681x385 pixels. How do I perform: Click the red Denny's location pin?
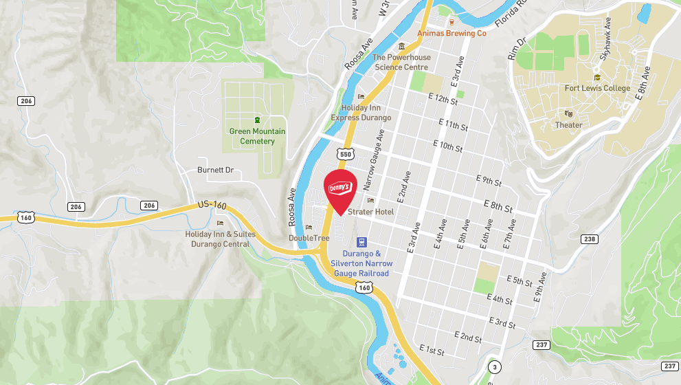tap(339, 189)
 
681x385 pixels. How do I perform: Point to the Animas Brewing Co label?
tap(451, 33)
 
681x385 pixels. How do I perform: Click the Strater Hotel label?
tap(370, 212)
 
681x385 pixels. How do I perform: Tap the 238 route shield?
tap(589, 239)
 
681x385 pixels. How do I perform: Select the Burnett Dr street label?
tap(215, 170)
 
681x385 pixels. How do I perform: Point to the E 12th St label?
tap(443, 100)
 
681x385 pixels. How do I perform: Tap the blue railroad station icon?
tap(361, 242)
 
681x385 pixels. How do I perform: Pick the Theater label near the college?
tap(568, 125)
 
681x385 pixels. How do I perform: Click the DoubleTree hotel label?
tap(309, 238)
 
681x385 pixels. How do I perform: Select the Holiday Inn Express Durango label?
tap(360, 113)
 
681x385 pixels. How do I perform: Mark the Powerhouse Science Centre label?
tap(401, 63)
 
